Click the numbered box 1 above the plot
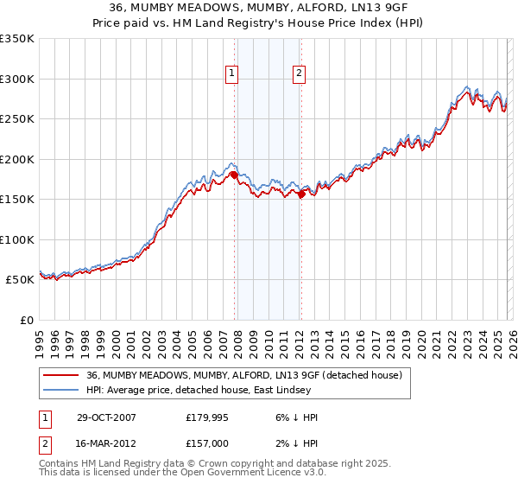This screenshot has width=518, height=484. click(233, 74)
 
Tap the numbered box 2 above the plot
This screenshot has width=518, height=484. click(299, 74)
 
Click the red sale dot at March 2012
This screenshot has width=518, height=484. click(301, 194)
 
